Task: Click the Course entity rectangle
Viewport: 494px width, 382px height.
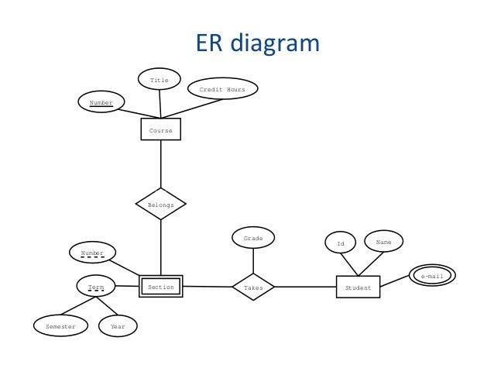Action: click(161, 129)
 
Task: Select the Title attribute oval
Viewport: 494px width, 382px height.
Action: click(159, 79)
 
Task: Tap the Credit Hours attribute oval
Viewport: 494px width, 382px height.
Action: click(222, 89)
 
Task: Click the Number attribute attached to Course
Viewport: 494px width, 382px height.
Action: click(101, 102)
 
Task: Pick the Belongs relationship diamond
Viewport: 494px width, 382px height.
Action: click(161, 204)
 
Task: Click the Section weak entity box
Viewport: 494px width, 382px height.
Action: click(161, 287)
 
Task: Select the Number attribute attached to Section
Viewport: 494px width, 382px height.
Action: click(92, 252)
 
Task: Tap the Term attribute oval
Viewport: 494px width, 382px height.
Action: click(96, 287)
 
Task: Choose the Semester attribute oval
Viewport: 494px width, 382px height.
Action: click(60, 326)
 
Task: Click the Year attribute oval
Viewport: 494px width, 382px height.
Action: click(118, 326)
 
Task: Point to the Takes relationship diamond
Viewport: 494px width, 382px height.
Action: click(253, 287)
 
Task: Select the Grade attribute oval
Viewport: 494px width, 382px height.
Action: click(253, 238)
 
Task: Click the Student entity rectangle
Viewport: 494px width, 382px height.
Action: click(358, 287)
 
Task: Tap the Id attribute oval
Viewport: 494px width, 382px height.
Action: click(340, 243)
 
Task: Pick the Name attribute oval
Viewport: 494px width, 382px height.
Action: click(383, 242)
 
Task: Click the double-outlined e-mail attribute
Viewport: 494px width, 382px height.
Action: click(432, 276)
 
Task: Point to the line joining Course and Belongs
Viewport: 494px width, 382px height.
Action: click(161, 164)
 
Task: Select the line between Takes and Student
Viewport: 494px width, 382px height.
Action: click(305, 287)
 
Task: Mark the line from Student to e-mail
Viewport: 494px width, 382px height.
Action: click(394, 282)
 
